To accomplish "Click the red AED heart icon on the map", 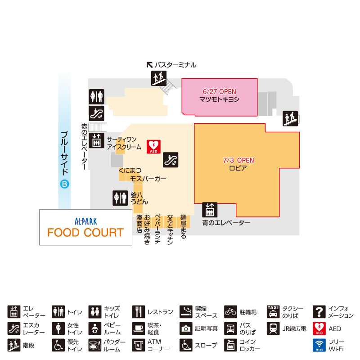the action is coord(153,147).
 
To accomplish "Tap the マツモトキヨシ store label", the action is coord(220,99).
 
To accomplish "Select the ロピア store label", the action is coord(238,168).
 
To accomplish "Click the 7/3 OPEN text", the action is coord(238,160).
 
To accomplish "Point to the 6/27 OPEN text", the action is coord(220,92).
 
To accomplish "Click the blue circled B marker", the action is coord(64,184).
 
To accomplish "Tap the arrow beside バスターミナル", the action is coord(150,65).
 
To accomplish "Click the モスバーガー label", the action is coord(148,179).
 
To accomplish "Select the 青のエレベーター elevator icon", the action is coord(210,210).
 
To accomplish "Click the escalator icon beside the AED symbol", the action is coord(171,160).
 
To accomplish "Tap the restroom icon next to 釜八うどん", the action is coord(120,198).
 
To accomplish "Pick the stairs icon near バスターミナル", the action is coord(159,78).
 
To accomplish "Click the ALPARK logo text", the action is coord(86,221).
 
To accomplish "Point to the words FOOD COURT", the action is coord(85,232).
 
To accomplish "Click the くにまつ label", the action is coord(130,171).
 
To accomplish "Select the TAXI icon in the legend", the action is coord(273,311).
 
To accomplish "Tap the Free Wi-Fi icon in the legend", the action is coord(319,345).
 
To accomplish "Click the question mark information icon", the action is coord(319,311).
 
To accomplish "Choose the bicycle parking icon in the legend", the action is coord(230,311).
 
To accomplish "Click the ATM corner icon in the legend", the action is coord(139,345).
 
